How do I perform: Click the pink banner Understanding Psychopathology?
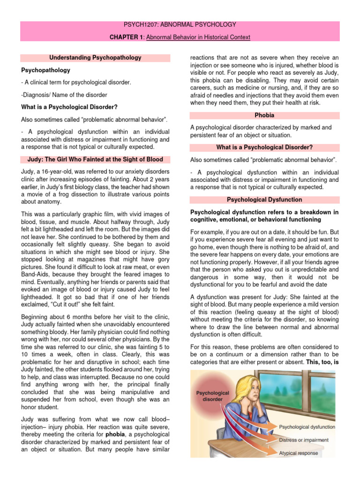point(95,58)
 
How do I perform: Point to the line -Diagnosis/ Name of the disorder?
point(64,95)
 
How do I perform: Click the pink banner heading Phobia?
point(265,115)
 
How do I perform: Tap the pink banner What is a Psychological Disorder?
point(265,148)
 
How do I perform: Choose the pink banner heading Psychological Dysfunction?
point(265,199)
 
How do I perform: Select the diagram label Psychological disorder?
point(212,396)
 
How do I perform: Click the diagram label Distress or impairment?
point(304,440)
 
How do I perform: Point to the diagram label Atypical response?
point(298,453)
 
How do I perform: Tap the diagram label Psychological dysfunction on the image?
point(307,427)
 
